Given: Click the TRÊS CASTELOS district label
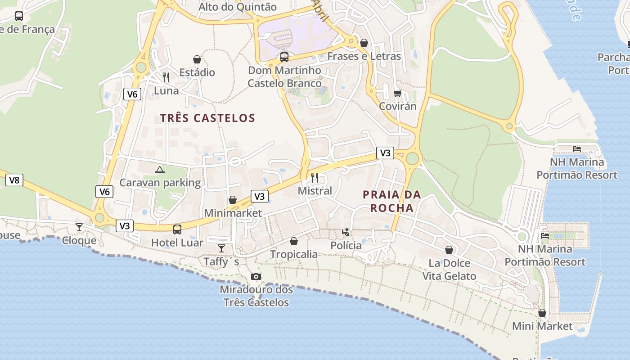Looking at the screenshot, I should pos(207,118).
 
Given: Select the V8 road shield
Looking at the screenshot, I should pos(14,180).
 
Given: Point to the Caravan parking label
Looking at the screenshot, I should pos(160,183).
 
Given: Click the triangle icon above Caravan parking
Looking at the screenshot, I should pos(159,170).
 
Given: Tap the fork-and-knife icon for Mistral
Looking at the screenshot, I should pos(315,177).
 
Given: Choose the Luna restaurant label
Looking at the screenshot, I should pos(166,90).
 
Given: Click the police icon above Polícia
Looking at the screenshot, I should pos(346,232).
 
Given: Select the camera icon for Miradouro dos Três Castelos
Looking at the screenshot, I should pos(256,276).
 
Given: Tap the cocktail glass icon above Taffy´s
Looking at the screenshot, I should pos(221,248).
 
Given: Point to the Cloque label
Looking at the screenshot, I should pos(79,240).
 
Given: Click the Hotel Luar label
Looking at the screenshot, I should pos(177,243).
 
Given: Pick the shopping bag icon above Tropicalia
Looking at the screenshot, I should pos(294,241).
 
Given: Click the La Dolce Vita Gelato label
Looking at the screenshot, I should pos(449,270).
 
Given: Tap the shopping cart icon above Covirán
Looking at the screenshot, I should pos(397,93).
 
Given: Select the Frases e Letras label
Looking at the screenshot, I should pos(364,56).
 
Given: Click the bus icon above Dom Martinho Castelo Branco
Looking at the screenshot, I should pos(284,57).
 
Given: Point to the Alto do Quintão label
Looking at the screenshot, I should pos(238,7).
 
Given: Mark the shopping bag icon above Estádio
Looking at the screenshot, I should pos(197,59).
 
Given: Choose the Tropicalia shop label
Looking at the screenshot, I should pos(294,254).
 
